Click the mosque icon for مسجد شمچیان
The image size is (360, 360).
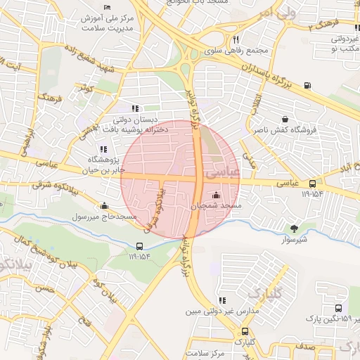(x=216, y=195)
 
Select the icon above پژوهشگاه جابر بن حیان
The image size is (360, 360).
(x=103, y=149)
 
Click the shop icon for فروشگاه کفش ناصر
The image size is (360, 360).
(x=285, y=120)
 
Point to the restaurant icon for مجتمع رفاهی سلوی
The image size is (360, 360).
(x=236, y=39)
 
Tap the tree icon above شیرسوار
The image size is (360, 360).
(x=294, y=228)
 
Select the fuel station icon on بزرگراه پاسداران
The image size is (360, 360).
(x=308, y=86)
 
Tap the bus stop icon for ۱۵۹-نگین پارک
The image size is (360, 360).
(x=339, y=308)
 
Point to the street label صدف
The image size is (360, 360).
(x=304, y=346)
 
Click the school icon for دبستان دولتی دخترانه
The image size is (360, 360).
(x=136, y=108)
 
